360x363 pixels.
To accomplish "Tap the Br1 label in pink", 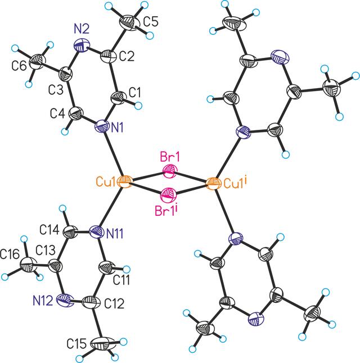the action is pos(170,158).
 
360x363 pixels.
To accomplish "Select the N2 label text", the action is pos(81,30).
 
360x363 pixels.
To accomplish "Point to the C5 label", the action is pos(151,22).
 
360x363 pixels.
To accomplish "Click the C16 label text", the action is pos(10,255).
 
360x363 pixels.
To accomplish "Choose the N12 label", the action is pos(43,301).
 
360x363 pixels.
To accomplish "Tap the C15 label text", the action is pos(76,344).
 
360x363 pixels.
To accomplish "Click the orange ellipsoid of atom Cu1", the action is pos(125,182).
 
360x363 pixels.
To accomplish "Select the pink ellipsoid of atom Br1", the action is pos(170,171).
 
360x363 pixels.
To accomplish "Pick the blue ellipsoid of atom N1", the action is pos(102,126).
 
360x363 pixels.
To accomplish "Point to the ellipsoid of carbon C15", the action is pos(103,343).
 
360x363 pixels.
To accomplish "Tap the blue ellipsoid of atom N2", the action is pos(82,46).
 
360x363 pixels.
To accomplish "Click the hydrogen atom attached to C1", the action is pos(138,105).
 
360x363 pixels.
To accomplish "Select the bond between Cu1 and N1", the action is pos(114,154).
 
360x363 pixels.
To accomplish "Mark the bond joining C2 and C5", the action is pos(118,39).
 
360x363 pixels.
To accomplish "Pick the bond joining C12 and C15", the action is pos(97,323).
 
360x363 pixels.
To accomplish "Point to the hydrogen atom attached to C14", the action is pos(62,208).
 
